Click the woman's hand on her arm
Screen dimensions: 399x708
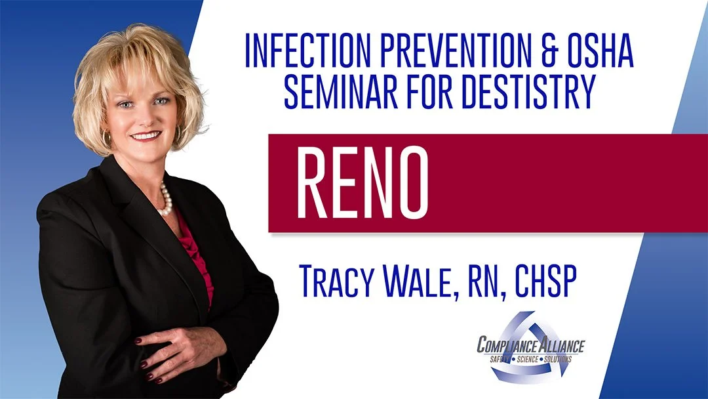pyautogui.click(x=174, y=341)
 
